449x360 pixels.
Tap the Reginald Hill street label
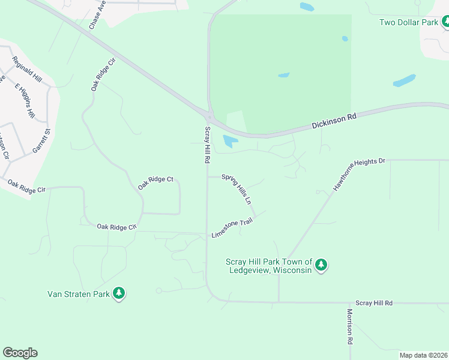click(x=26, y=70)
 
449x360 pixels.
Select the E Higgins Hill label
click(x=26, y=100)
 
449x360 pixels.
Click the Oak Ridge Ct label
click(x=155, y=183)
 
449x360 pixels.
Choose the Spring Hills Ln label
click(x=236, y=189)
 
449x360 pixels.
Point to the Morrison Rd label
click(x=349, y=326)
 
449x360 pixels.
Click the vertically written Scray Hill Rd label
click(x=208, y=146)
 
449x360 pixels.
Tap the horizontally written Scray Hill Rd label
click(x=373, y=304)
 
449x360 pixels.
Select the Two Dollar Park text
click(x=409, y=23)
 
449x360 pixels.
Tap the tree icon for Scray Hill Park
click(x=321, y=265)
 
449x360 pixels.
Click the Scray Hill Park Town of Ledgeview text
click(x=269, y=265)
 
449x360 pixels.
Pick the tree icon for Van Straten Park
click(x=119, y=293)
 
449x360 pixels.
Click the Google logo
click(x=20, y=353)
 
